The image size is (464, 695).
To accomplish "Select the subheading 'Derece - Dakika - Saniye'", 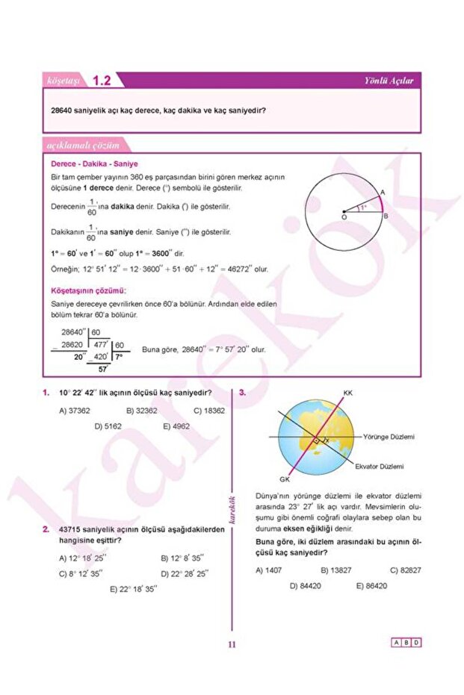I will pyautogui.click(x=94, y=163).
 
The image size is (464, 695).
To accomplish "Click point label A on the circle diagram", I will pyautogui.click(x=383, y=193).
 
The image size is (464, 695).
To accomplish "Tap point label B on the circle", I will pyautogui.click(x=386, y=216).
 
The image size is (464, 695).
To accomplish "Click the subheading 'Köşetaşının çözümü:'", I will pyautogui.click(x=87, y=290).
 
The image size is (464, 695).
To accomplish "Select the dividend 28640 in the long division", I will pyautogui.click(x=72, y=331).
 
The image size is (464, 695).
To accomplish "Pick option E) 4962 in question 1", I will pyautogui.click(x=176, y=426).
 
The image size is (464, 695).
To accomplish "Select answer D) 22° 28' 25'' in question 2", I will pyautogui.click(x=185, y=573).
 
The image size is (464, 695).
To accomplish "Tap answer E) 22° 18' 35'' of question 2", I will pyautogui.click(x=133, y=588).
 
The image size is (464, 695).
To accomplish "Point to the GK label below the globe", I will pyautogui.click(x=284, y=479).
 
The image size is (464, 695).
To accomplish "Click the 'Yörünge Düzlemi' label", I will pyautogui.click(x=389, y=436).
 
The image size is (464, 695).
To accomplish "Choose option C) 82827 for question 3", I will pyautogui.click(x=406, y=570).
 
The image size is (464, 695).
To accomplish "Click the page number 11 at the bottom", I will pyautogui.click(x=232, y=646).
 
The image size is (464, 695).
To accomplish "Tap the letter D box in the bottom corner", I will pyautogui.click(x=416, y=642).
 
